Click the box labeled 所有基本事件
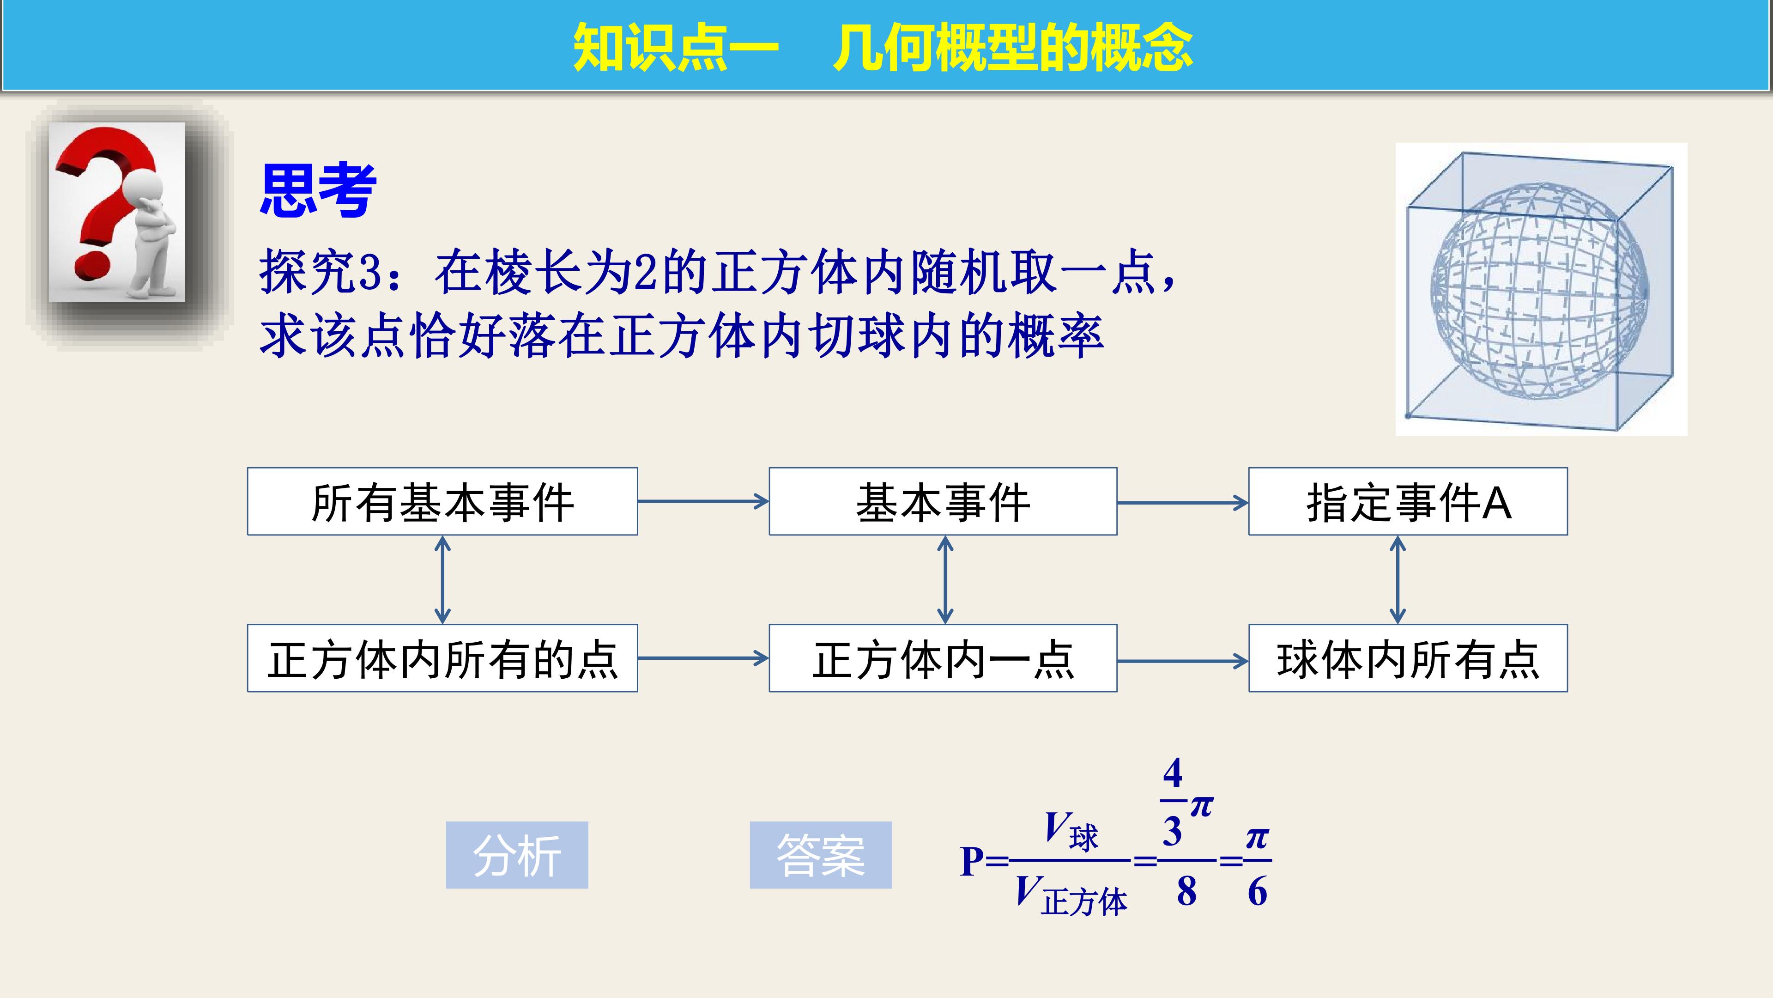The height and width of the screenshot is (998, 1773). [x=442, y=501]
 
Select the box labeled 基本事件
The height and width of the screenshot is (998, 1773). [x=943, y=501]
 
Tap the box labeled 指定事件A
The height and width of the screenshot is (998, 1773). [x=1408, y=501]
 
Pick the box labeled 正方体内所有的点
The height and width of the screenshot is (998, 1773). [x=442, y=658]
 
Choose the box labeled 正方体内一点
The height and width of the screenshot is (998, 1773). [x=943, y=658]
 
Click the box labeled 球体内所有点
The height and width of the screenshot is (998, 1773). [x=1408, y=658]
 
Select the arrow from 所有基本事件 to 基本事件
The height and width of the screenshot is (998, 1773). [x=703, y=501]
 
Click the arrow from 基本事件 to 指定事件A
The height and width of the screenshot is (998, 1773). [x=1182, y=503]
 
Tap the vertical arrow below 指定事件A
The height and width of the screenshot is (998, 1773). [x=1397, y=580]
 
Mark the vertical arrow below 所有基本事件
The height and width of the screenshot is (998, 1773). [x=442, y=580]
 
